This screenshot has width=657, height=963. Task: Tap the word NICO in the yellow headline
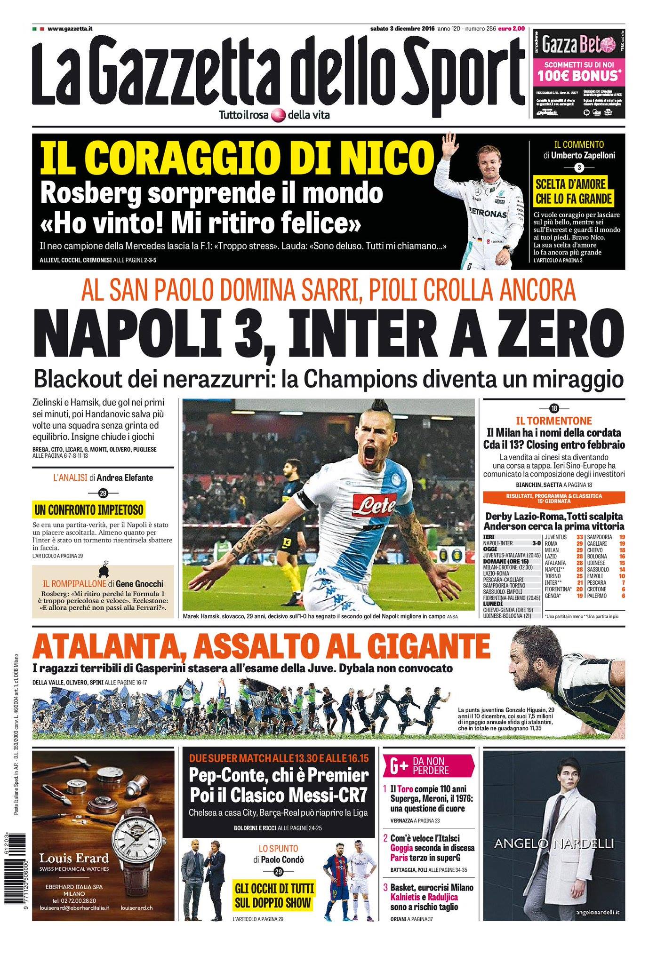(x=393, y=158)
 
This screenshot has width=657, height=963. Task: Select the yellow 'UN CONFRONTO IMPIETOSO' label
(x=89, y=509)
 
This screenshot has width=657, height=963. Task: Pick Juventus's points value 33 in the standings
(x=580, y=537)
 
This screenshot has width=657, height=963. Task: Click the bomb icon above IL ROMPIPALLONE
(x=103, y=569)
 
